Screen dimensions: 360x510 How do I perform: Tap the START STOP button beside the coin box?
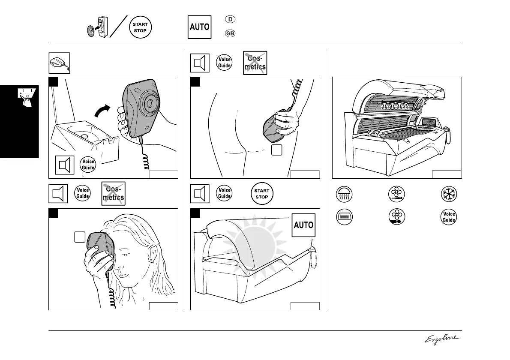(140, 27)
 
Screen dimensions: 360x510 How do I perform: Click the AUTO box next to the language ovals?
(200, 27)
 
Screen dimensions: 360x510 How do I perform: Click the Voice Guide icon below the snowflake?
(449, 217)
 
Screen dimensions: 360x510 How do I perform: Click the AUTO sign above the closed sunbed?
(303, 225)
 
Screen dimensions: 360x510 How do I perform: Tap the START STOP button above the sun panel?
(262, 194)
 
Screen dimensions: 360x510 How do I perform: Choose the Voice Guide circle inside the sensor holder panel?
(88, 165)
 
